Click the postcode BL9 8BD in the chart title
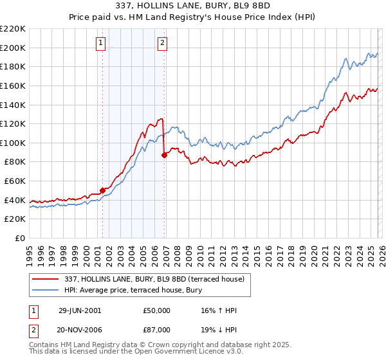tap(262, 4)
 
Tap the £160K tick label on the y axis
tap(13, 85)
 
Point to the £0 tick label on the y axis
tap(19, 238)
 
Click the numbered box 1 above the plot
tap(101, 43)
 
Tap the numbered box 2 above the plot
tap(162, 43)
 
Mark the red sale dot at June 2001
tap(102, 190)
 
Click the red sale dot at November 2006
tap(164, 155)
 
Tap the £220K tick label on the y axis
tap(13, 29)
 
